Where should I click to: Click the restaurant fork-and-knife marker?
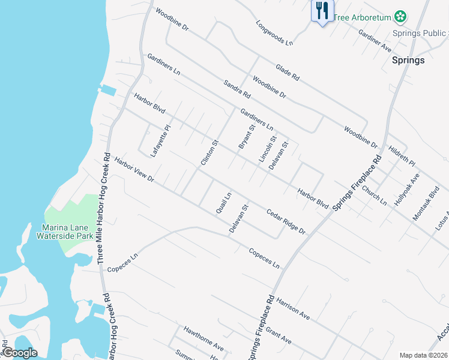(x=322, y=10)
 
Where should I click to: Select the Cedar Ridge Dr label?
(x=286, y=221)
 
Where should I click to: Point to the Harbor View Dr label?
(x=135, y=170)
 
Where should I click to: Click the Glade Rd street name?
(x=287, y=73)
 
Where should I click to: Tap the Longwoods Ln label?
(x=274, y=34)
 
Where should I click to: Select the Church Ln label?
(x=374, y=195)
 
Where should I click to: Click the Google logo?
(x=20, y=353)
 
